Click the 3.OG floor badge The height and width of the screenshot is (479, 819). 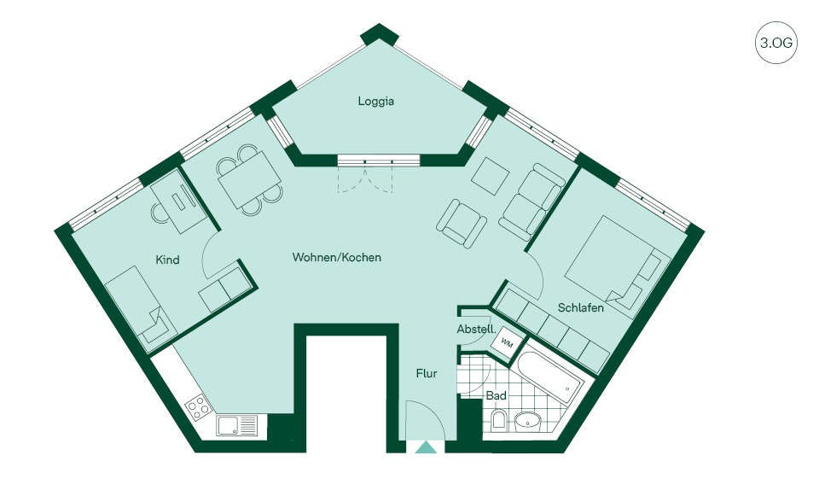[x=776, y=43]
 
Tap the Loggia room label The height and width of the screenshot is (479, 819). [x=375, y=102]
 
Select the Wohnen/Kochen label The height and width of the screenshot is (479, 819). [x=336, y=257]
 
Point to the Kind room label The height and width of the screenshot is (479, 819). [x=167, y=260]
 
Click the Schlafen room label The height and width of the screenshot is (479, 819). [x=580, y=307]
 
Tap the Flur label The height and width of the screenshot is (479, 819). [x=427, y=373]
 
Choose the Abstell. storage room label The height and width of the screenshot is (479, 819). [x=476, y=330]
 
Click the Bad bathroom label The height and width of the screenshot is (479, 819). [x=497, y=395]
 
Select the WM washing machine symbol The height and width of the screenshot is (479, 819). [x=507, y=343]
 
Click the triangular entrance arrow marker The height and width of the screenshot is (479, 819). [x=427, y=447]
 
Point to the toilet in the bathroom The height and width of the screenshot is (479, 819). [x=498, y=421]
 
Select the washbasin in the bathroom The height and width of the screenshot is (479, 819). [x=527, y=422]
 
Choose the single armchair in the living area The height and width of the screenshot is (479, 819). [x=462, y=223]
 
